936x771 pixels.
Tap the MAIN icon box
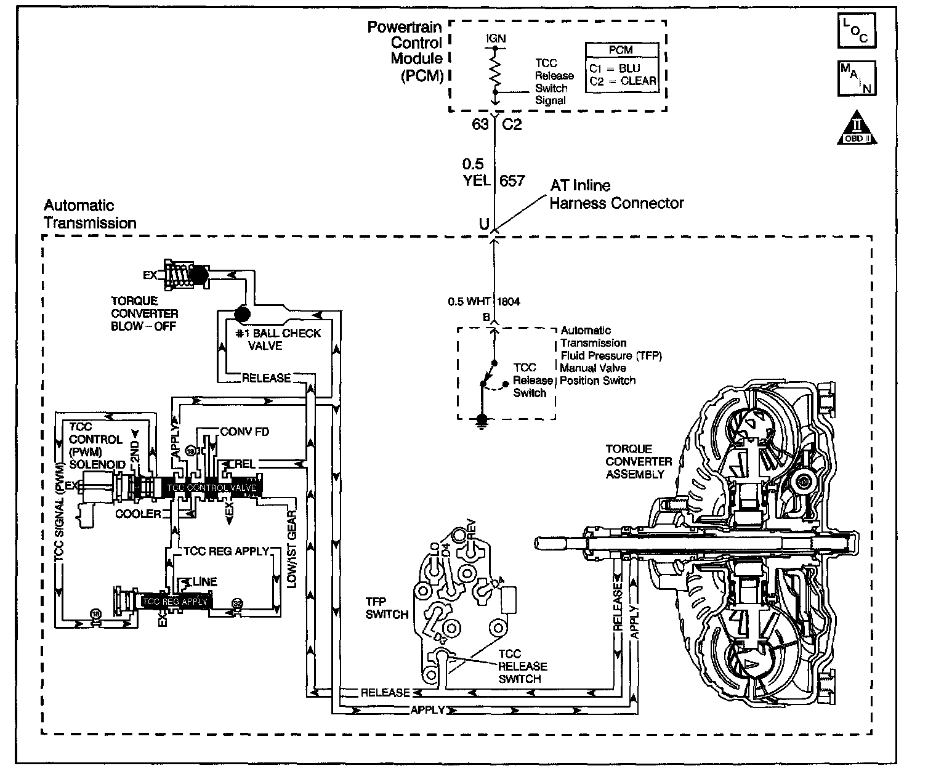tap(856, 78)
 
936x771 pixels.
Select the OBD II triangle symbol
tap(857, 129)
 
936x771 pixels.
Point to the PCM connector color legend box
tap(621, 68)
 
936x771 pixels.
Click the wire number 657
tap(512, 180)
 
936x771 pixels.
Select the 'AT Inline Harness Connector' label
tap(616, 194)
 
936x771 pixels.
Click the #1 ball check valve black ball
tap(242, 313)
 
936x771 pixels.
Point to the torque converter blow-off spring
tap(178, 274)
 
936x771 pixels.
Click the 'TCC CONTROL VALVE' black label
tap(211, 487)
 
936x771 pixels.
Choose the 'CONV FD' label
tap(244, 432)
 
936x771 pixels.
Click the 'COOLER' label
tap(139, 514)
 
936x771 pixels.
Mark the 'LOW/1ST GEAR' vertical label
tap(292, 548)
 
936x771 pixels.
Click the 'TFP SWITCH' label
tap(387, 608)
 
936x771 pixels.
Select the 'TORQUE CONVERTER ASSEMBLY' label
tap(639, 461)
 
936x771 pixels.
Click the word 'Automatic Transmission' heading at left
tap(90, 214)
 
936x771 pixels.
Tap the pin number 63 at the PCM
tap(480, 124)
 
